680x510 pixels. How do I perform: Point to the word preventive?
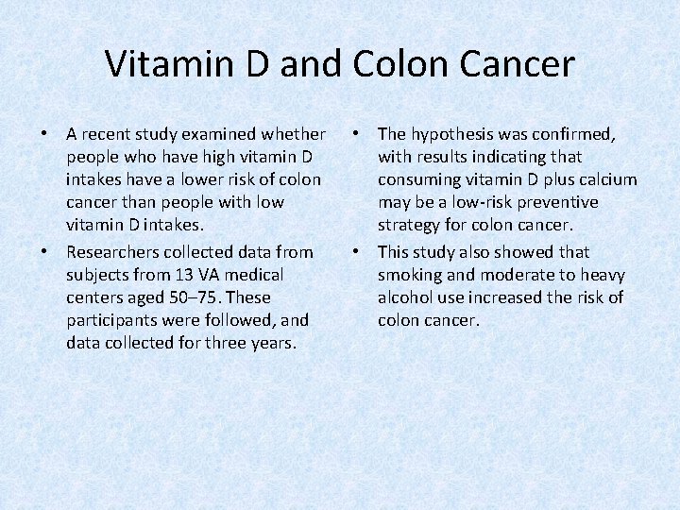click(560, 202)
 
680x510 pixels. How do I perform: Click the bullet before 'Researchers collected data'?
click(44, 252)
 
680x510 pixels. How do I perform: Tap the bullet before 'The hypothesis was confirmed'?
click(356, 134)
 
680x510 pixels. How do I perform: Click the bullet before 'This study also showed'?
click(356, 252)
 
